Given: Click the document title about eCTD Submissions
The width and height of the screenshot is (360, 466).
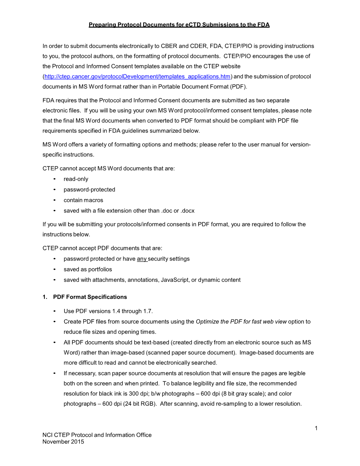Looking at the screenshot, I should (179, 25).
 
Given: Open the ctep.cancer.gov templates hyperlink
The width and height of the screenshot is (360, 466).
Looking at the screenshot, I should (137, 77).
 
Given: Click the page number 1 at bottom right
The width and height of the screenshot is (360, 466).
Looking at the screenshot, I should (316, 428).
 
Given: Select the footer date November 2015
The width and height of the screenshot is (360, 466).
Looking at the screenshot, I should (63, 442).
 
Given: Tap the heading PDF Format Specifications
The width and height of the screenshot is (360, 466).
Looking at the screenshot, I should (90, 297).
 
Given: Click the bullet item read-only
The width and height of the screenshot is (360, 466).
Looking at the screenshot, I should (76, 179).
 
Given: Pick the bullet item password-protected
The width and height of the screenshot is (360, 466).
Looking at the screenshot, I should (89, 190).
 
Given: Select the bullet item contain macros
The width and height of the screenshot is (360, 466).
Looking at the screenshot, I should (83, 200).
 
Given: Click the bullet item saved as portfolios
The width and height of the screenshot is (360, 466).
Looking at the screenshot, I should (88, 269).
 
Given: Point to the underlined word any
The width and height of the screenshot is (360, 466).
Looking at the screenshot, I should (142, 259).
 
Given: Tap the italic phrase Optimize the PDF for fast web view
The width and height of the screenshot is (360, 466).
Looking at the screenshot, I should (241, 322).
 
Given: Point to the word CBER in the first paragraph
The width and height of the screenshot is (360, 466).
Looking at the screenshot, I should (169, 46).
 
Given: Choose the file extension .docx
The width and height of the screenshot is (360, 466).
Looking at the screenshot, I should (187, 211).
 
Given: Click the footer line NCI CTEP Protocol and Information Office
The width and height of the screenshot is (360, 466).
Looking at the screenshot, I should (97, 435).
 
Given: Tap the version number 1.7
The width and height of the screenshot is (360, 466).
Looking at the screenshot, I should (148, 311).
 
